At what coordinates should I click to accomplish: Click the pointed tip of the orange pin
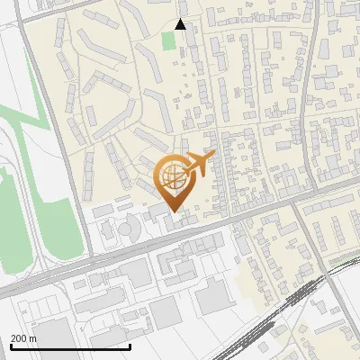coord(174,211)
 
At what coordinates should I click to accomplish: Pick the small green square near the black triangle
coord(168,40)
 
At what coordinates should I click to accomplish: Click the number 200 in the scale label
coord(19,338)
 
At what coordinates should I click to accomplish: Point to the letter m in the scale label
coord(32,338)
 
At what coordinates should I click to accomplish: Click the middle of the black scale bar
coord(70,346)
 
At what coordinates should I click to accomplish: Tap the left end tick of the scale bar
coord(10,345)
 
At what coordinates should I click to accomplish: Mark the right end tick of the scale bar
coord(130,345)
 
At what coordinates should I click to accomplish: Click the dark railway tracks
coord(270,319)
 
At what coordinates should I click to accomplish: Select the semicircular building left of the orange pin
coord(127,228)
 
